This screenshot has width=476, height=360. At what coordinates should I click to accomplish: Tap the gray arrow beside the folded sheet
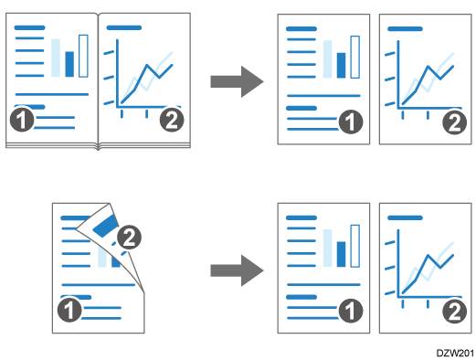237,270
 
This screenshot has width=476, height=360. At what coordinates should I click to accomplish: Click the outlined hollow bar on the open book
83,56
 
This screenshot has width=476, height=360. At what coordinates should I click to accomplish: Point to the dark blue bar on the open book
69,65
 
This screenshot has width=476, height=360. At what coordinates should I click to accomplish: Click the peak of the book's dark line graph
148,66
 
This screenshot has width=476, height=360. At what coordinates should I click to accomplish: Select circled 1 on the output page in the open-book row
347,121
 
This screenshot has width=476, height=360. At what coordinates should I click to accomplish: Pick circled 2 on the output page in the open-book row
451,121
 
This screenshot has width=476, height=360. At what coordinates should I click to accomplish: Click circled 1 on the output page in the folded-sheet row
347,312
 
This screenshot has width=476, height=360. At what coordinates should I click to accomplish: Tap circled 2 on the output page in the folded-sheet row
451,312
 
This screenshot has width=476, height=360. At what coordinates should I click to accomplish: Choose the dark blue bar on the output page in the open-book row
341,65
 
